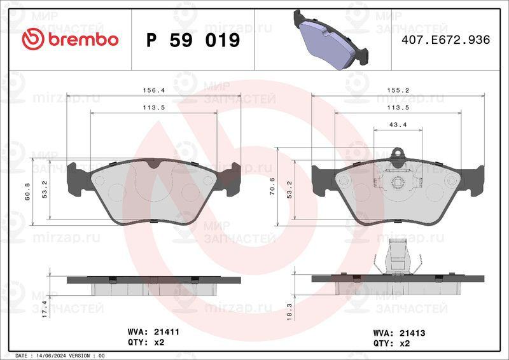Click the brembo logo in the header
[x=70, y=39]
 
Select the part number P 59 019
[x=193, y=41]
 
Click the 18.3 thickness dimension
[x=290, y=312]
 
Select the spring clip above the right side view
[x=399, y=258]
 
